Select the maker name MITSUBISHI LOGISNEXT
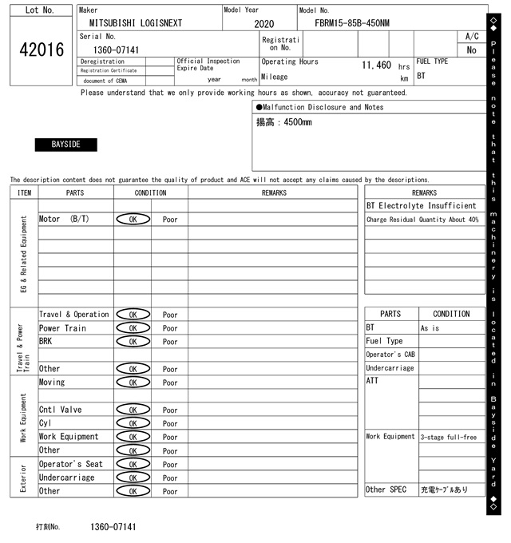[x=135, y=23]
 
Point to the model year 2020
[x=263, y=24]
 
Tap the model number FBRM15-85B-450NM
[x=352, y=23]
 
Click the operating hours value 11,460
[x=376, y=65]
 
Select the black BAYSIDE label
[x=65, y=145]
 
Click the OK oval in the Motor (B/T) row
[x=133, y=219]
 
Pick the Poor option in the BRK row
[x=170, y=342]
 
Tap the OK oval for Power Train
[x=133, y=328]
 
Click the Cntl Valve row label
[x=60, y=410]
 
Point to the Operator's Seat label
[x=71, y=464]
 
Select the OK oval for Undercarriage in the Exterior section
[x=133, y=478]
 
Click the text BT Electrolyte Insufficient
[x=421, y=206]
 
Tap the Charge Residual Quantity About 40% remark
[x=422, y=220]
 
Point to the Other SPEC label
[x=386, y=489]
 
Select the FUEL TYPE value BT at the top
[x=421, y=76]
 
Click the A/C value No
[x=471, y=50]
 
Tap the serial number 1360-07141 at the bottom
[x=113, y=527]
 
